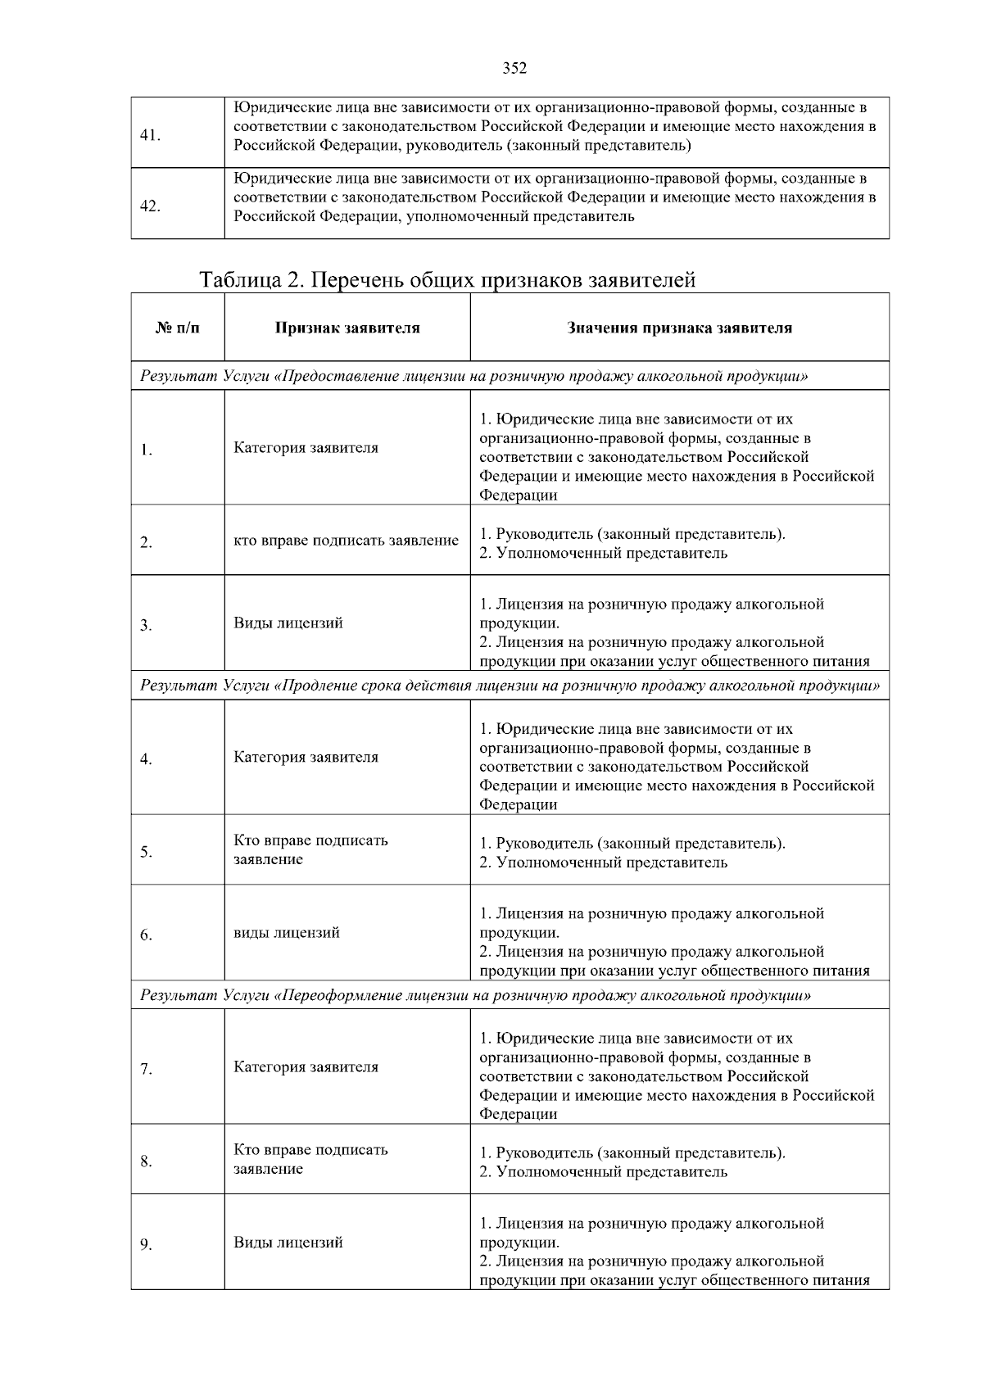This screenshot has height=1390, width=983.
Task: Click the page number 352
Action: click(514, 69)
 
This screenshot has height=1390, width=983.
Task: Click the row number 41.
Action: click(150, 135)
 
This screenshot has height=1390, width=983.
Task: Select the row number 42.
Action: click(150, 206)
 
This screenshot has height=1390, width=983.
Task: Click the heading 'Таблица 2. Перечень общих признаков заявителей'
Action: click(448, 280)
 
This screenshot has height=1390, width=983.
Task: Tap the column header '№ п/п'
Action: click(177, 328)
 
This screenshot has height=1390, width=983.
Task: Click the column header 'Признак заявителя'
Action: click(347, 328)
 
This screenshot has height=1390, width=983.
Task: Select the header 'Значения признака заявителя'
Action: click(679, 328)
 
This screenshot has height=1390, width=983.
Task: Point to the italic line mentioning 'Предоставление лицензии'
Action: click(474, 376)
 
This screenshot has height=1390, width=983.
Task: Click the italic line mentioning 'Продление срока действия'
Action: click(510, 685)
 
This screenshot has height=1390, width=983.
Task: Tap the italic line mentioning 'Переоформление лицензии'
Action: click(476, 995)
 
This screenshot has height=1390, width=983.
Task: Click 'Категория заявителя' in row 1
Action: click(306, 448)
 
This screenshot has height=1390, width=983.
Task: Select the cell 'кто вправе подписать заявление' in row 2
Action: click(346, 541)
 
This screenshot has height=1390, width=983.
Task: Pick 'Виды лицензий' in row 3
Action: click(288, 623)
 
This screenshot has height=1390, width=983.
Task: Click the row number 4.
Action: click(146, 759)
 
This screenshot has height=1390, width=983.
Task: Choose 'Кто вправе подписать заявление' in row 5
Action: click(311, 850)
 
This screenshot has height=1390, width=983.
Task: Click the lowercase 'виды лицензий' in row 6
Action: click(287, 933)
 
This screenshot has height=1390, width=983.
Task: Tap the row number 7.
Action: click(146, 1069)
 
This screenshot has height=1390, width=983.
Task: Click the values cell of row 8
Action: click(632, 1162)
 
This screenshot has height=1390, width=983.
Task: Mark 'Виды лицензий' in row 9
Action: click(288, 1243)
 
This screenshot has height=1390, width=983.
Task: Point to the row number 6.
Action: click(146, 935)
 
